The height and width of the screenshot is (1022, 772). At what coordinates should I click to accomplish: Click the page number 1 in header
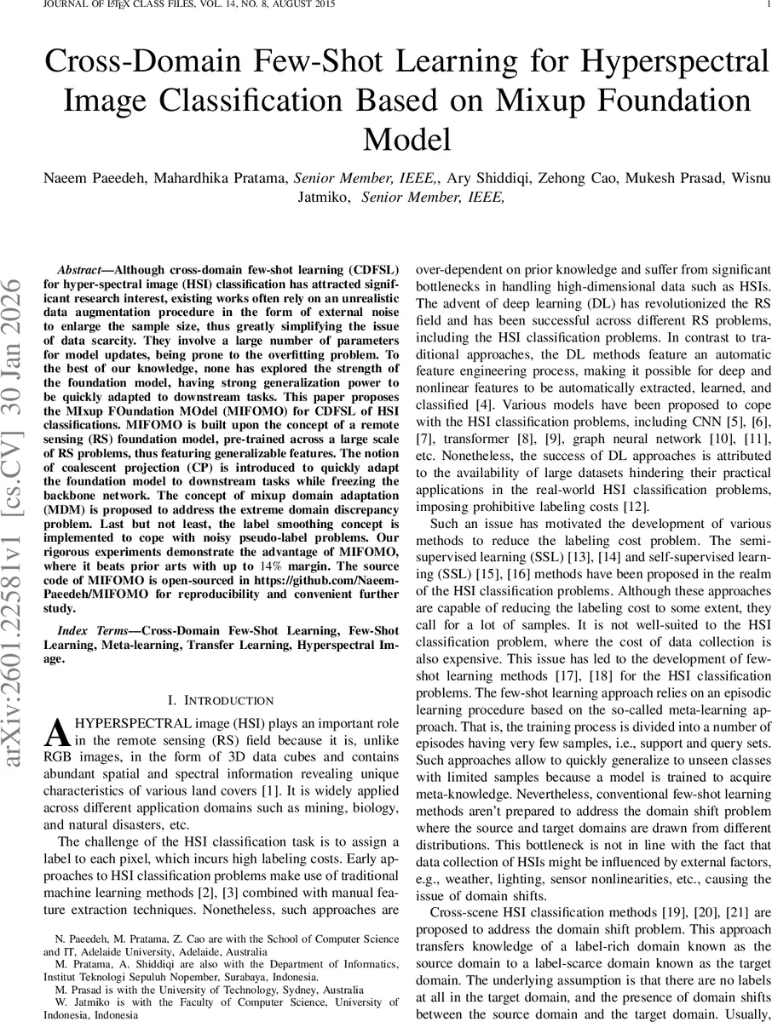[x=766, y=5]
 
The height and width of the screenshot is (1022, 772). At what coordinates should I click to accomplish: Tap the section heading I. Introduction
[x=221, y=700]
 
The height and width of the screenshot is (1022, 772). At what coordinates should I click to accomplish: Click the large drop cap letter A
[x=55, y=732]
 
